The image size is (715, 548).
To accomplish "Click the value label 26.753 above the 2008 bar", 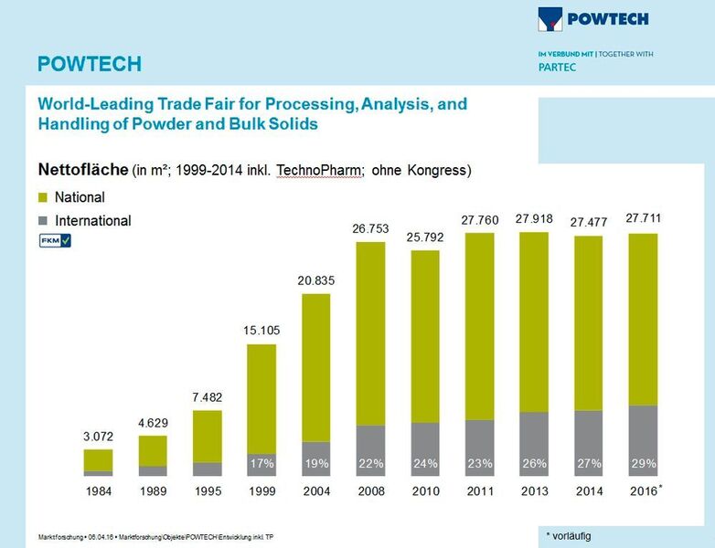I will [372, 228].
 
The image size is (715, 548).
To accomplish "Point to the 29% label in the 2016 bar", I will [644, 464].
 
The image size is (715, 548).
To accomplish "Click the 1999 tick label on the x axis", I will [262, 491].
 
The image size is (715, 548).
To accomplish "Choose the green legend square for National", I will [42, 197].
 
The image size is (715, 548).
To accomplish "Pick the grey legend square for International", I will [42, 221].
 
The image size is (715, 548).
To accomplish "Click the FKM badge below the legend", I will [54, 240].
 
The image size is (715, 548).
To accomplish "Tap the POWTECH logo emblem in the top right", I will [551, 18].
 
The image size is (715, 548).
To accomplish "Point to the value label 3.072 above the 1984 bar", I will [98, 436].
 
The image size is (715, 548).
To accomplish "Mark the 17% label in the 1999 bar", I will [262, 464].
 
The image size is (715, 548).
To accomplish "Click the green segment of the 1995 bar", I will [208, 436].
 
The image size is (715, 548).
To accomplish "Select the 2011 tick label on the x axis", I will [480, 491].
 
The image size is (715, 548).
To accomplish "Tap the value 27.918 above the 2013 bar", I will [535, 219].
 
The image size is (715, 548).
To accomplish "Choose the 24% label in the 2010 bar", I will [426, 464].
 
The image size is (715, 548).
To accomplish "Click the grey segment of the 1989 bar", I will [153, 471].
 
